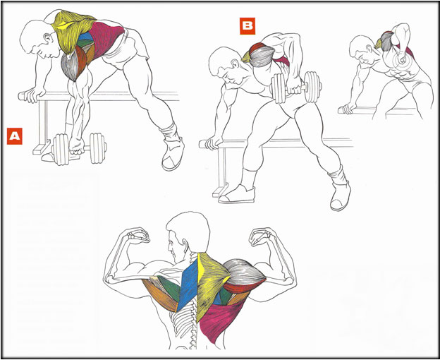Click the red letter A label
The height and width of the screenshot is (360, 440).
pos(15,136)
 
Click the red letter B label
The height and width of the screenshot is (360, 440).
pos(248,26)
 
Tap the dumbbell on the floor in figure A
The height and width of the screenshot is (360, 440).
pos(80,148)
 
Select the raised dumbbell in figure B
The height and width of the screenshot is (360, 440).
pos(295,87)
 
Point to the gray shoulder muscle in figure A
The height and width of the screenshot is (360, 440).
pos(69,66)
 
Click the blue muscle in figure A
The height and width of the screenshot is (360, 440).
pos(85,37)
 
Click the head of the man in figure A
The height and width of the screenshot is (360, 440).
pos(38,39)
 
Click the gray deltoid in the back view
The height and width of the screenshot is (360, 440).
pos(244,271)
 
